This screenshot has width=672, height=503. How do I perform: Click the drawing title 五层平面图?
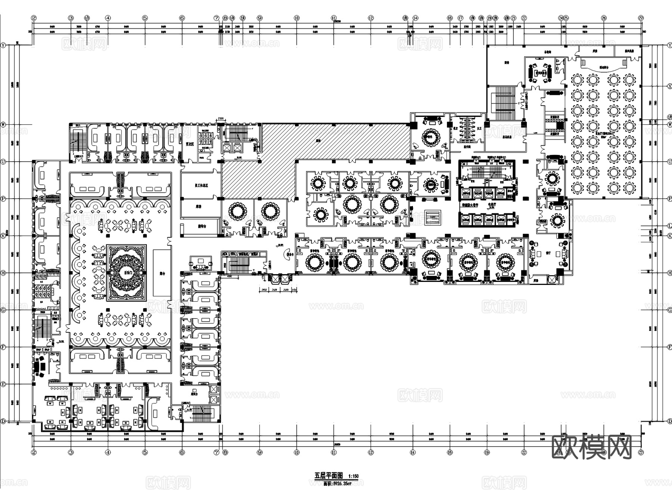328,476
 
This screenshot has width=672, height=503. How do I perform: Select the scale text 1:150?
353,476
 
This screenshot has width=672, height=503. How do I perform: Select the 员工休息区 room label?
201,185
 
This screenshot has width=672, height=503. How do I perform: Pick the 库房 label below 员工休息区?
198,207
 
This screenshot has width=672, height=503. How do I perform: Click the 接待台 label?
202,226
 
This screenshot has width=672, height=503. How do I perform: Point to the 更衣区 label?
190,143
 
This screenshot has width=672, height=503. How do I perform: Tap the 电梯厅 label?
492,205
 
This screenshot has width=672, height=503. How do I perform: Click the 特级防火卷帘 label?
470,205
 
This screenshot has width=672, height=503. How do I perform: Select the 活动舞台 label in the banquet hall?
604,68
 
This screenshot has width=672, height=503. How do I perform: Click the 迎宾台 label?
194,394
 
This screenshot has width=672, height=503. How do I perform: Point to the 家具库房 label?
507,137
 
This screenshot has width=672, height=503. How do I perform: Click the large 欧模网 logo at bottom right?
591,447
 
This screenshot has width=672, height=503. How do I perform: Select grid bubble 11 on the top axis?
333,18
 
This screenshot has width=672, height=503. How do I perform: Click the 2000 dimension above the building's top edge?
220,118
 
